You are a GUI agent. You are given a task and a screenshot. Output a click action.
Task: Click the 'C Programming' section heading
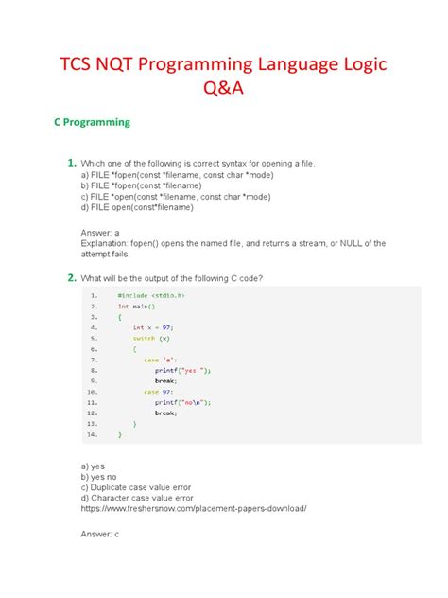click(x=91, y=123)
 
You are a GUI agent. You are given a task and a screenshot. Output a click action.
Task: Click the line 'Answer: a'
click(x=103, y=232)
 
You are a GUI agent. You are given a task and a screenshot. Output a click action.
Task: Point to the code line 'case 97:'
click(x=158, y=392)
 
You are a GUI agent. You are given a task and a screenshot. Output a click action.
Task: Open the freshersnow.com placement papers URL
click(x=194, y=507)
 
